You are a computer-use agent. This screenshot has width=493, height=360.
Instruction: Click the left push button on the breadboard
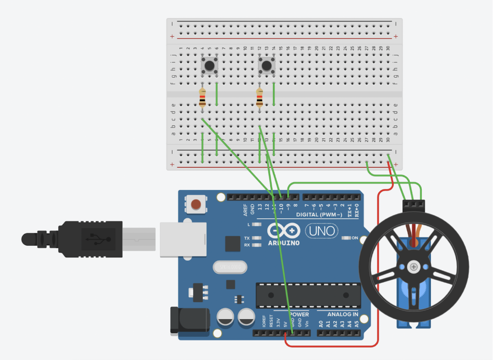[209, 65]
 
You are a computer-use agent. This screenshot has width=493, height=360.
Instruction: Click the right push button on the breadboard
[266, 66]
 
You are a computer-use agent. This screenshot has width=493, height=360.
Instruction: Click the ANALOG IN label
[342, 314]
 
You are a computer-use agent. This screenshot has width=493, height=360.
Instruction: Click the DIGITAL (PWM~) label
[319, 214]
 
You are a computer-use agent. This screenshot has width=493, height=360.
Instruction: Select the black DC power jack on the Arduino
[190, 320]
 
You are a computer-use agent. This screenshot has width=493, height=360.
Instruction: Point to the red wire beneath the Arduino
[332, 346]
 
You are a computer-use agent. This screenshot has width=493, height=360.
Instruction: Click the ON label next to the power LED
[355, 238]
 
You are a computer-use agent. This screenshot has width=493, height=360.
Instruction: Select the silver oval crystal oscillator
[229, 266]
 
